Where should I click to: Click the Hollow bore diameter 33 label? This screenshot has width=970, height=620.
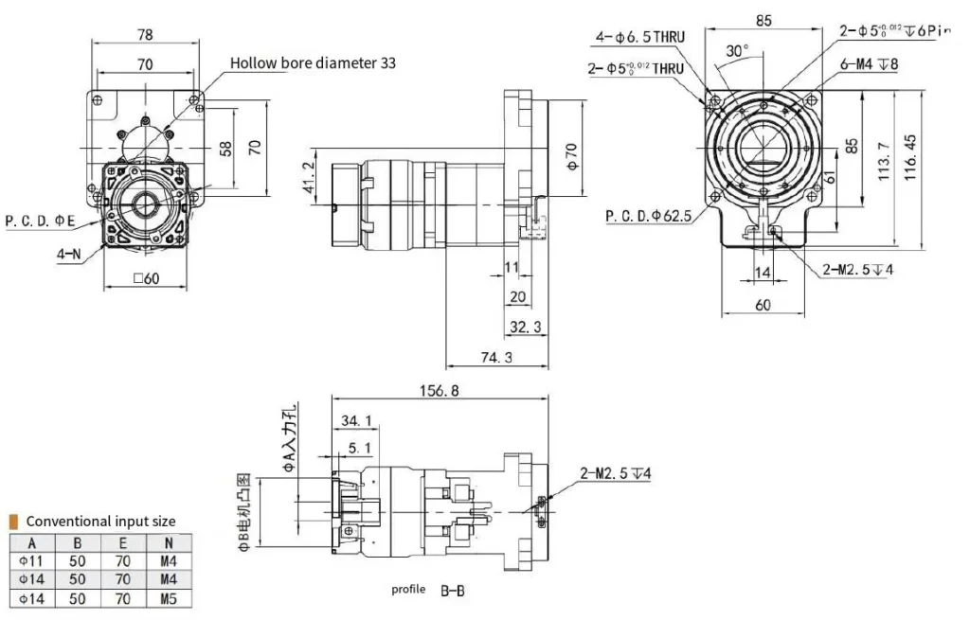(x=313, y=63)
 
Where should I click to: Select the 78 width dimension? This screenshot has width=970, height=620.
(x=146, y=35)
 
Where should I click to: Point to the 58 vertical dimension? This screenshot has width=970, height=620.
(x=224, y=149)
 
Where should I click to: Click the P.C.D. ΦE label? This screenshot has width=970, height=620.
(x=41, y=221)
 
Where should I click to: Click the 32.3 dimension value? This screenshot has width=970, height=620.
(x=525, y=327)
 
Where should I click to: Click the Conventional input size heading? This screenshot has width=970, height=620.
(x=100, y=521)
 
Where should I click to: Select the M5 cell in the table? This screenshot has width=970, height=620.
(x=169, y=598)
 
